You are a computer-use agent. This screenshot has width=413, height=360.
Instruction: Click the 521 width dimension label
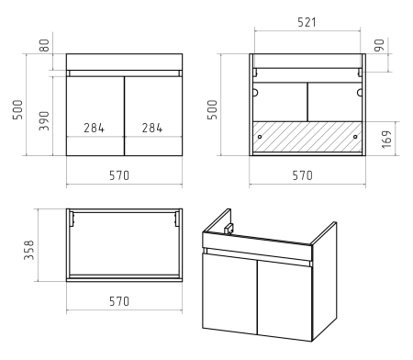[307, 22]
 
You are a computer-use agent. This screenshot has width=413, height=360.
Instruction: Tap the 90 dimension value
[379, 45]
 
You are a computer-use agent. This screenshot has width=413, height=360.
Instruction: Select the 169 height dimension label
[386, 140]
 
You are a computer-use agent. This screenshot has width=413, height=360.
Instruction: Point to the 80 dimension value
[44, 45]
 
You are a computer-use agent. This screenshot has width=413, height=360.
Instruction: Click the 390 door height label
[44, 121]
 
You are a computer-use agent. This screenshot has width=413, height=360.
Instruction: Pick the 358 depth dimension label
[29, 250]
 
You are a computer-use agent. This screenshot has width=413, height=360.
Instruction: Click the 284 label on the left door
[95, 128]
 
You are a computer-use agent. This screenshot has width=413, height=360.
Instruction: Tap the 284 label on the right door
[152, 128]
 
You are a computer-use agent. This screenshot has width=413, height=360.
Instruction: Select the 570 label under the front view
[119, 175]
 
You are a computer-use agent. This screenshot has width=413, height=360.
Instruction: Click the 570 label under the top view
[119, 301]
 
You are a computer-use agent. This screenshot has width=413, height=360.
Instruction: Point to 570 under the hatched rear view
[302, 175]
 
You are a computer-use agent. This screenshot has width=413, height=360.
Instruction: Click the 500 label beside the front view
[17, 109]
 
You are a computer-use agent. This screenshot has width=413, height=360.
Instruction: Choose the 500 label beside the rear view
[212, 109]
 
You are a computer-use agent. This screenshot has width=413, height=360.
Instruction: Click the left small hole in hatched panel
[260, 137]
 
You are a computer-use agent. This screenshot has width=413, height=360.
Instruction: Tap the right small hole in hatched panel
[355, 137]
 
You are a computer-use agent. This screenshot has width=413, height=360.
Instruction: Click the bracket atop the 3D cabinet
[229, 229]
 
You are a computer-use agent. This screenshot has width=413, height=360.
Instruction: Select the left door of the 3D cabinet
[229, 294]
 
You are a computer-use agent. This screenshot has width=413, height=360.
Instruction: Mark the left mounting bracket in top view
[72, 219]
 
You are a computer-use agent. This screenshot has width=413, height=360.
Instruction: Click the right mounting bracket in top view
[177, 219]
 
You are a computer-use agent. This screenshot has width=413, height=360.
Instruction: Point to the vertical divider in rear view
[307, 102]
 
